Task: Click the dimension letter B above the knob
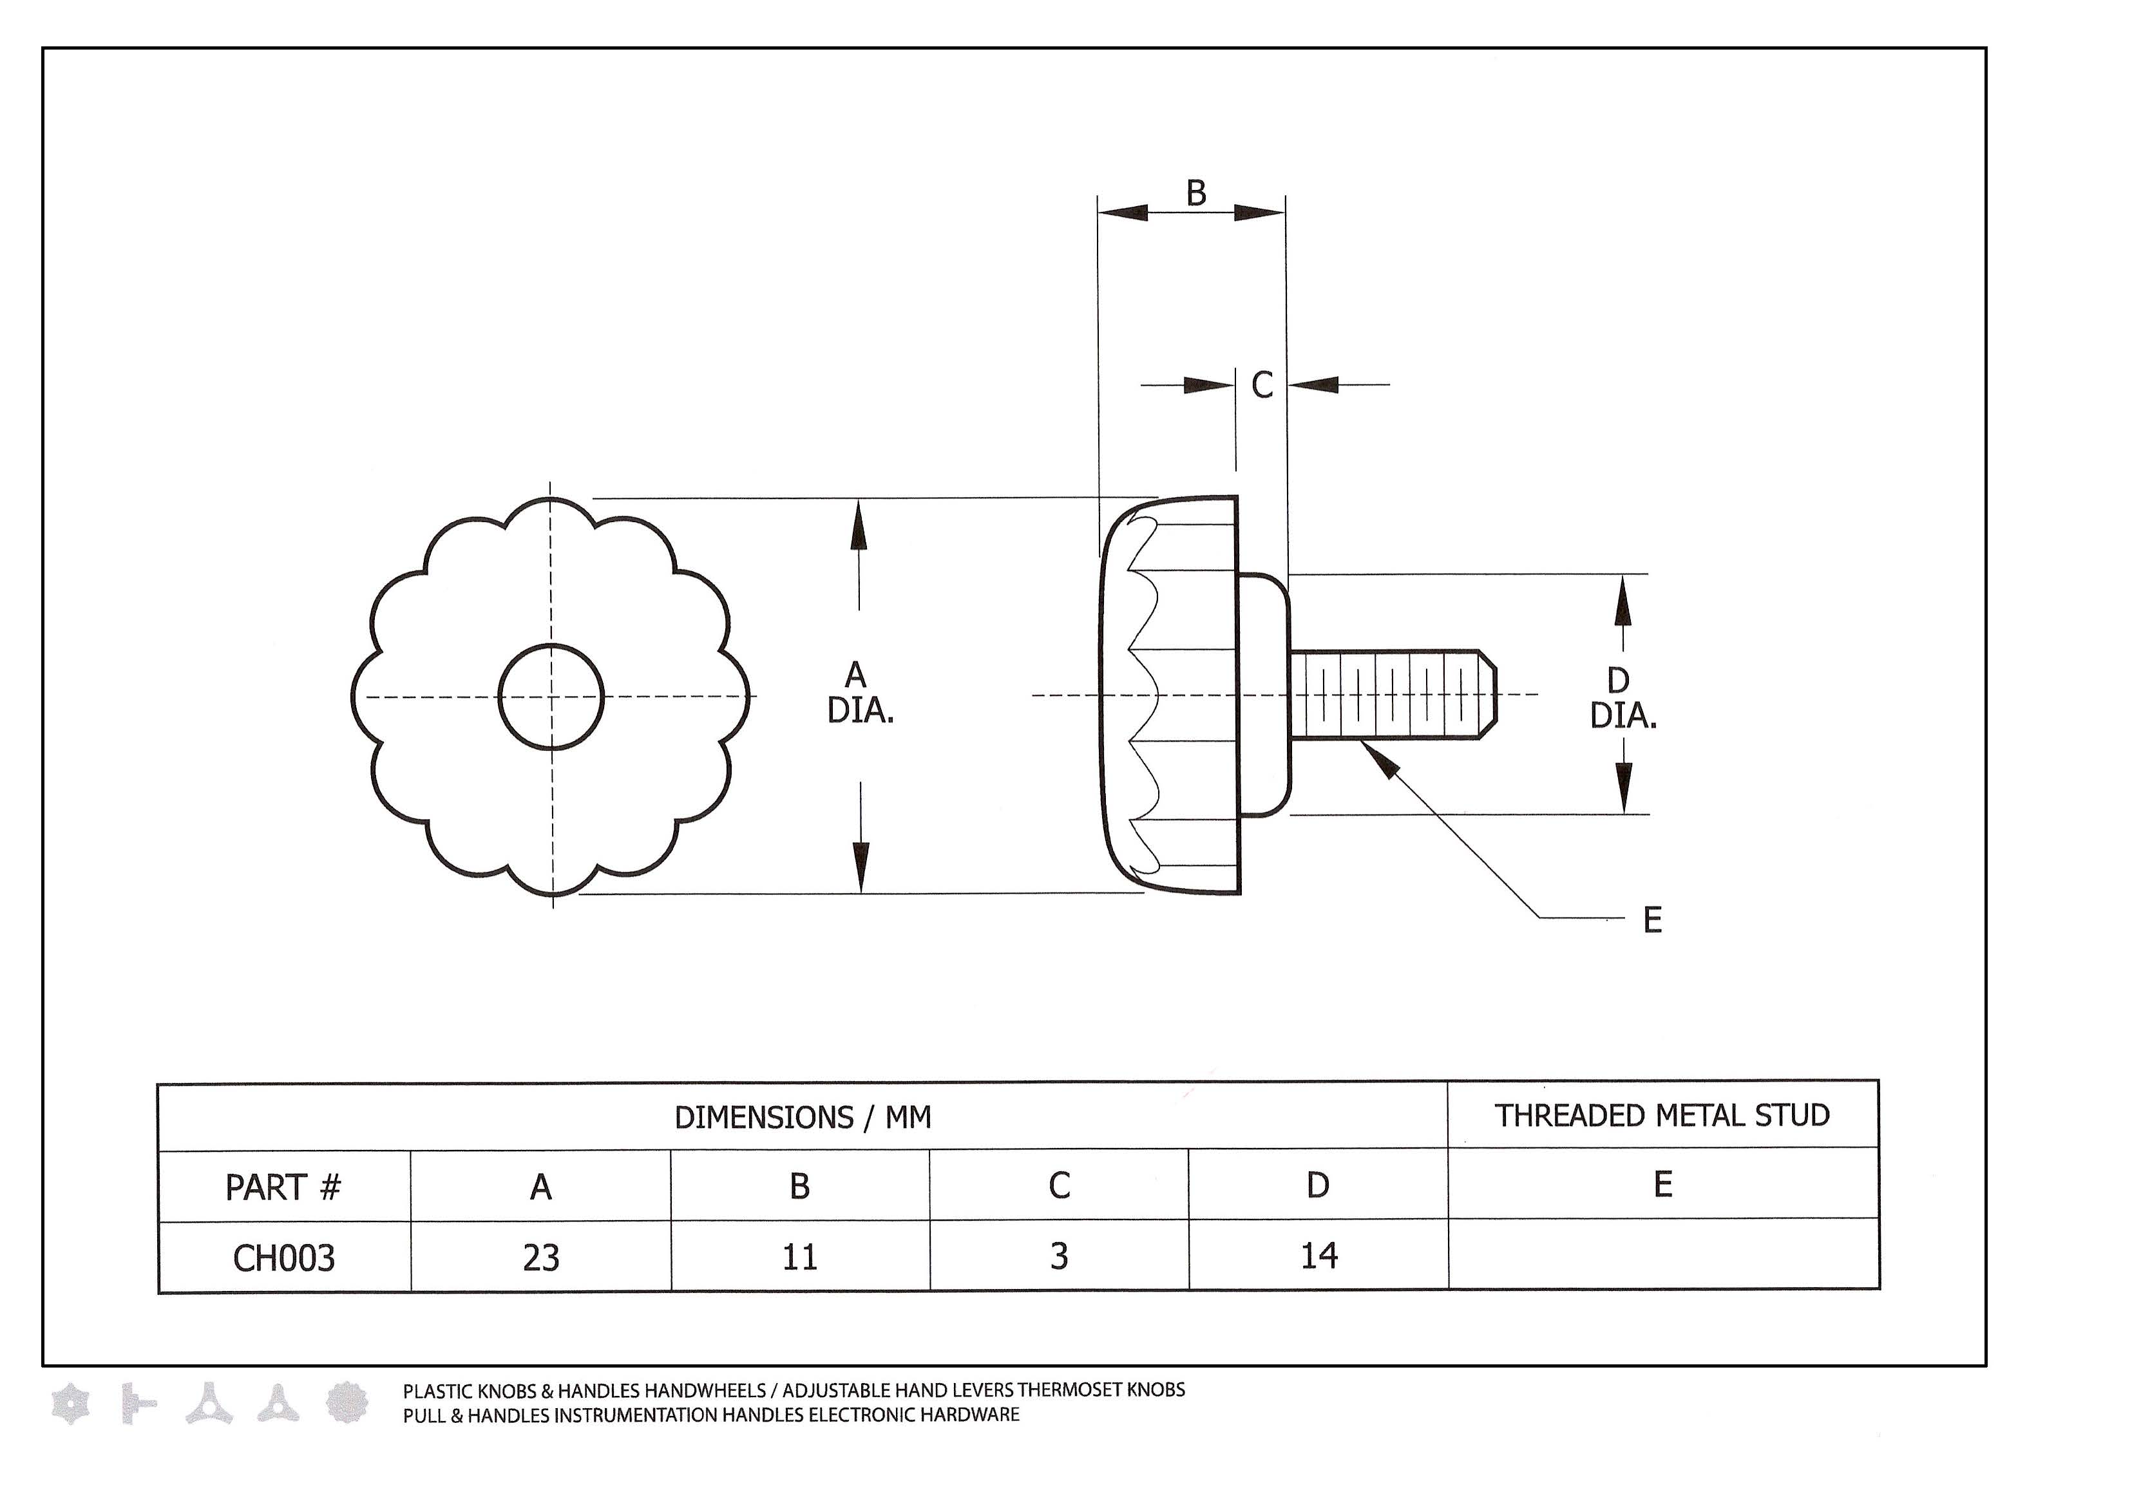tap(1196, 193)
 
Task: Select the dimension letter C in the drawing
tap(1262, 385)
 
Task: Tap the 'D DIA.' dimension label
tap(1623, 698)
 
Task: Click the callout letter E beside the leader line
tap(1653, 920)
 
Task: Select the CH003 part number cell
tap(284, 1258)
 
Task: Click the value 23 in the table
tap(541, 1258)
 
